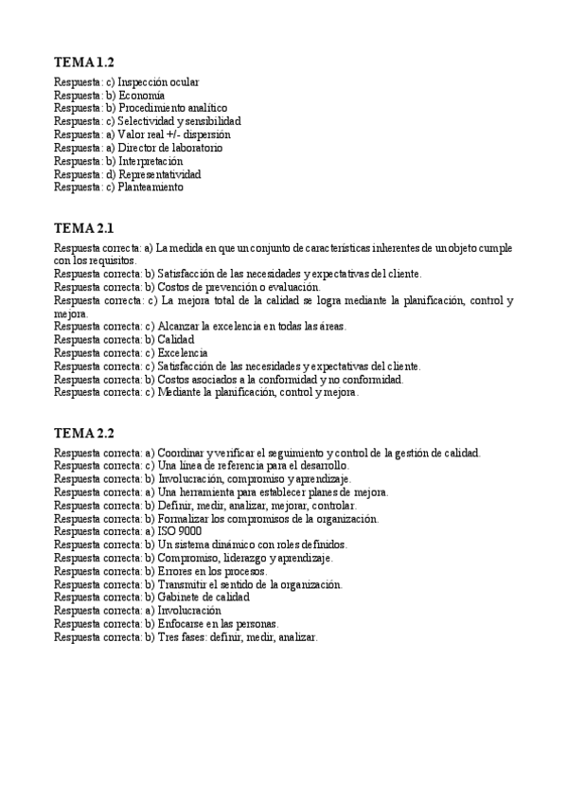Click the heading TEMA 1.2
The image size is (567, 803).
pos(84,62)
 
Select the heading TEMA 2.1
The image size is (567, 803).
pos(84,228)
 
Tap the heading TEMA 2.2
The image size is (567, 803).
pos(84,434)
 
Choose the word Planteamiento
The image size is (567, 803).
pos(151,187)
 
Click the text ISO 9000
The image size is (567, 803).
pos(179,531)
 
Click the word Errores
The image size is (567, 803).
pos(176,572)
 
